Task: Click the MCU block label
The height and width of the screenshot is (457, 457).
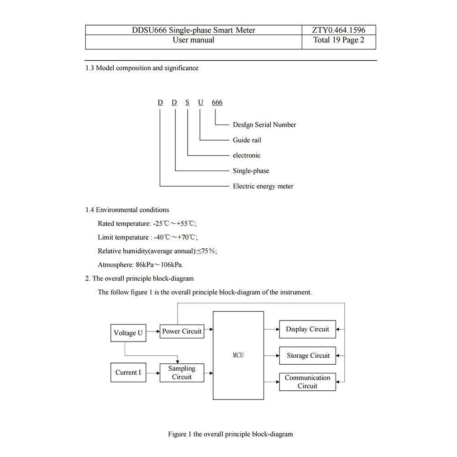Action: click(238, 355)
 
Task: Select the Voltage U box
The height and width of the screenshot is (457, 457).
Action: click(128, 333)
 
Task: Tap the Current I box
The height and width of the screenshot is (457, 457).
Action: click(128, 372)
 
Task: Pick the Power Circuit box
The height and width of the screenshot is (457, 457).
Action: click(182, 331)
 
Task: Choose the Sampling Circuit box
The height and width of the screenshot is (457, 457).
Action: click(182, 373)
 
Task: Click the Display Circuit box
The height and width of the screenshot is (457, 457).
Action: click(308, 329)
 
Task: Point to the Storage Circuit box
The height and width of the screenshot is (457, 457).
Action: click(308, 356)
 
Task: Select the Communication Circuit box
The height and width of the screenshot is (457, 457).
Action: click(308, 382)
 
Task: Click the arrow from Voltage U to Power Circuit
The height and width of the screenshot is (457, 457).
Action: click(153, 331)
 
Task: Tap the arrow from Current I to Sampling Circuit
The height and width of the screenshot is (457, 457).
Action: click(153, 373)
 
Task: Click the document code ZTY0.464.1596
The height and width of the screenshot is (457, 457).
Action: click(339, 30)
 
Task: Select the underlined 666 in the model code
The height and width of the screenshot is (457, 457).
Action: click(217, 102)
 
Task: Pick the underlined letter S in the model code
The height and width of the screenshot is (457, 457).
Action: click(187, 102)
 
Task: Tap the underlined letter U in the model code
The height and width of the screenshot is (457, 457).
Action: click(200, 102)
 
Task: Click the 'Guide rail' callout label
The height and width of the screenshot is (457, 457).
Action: click(247, 140)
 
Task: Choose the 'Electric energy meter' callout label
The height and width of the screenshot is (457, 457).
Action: click(263, 186)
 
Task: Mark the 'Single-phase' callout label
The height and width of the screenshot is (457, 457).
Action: click(251, 171)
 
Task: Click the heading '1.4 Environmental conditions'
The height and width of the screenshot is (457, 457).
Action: click(127, 210)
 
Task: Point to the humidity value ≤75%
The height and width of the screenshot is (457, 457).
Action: click(207, 251)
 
